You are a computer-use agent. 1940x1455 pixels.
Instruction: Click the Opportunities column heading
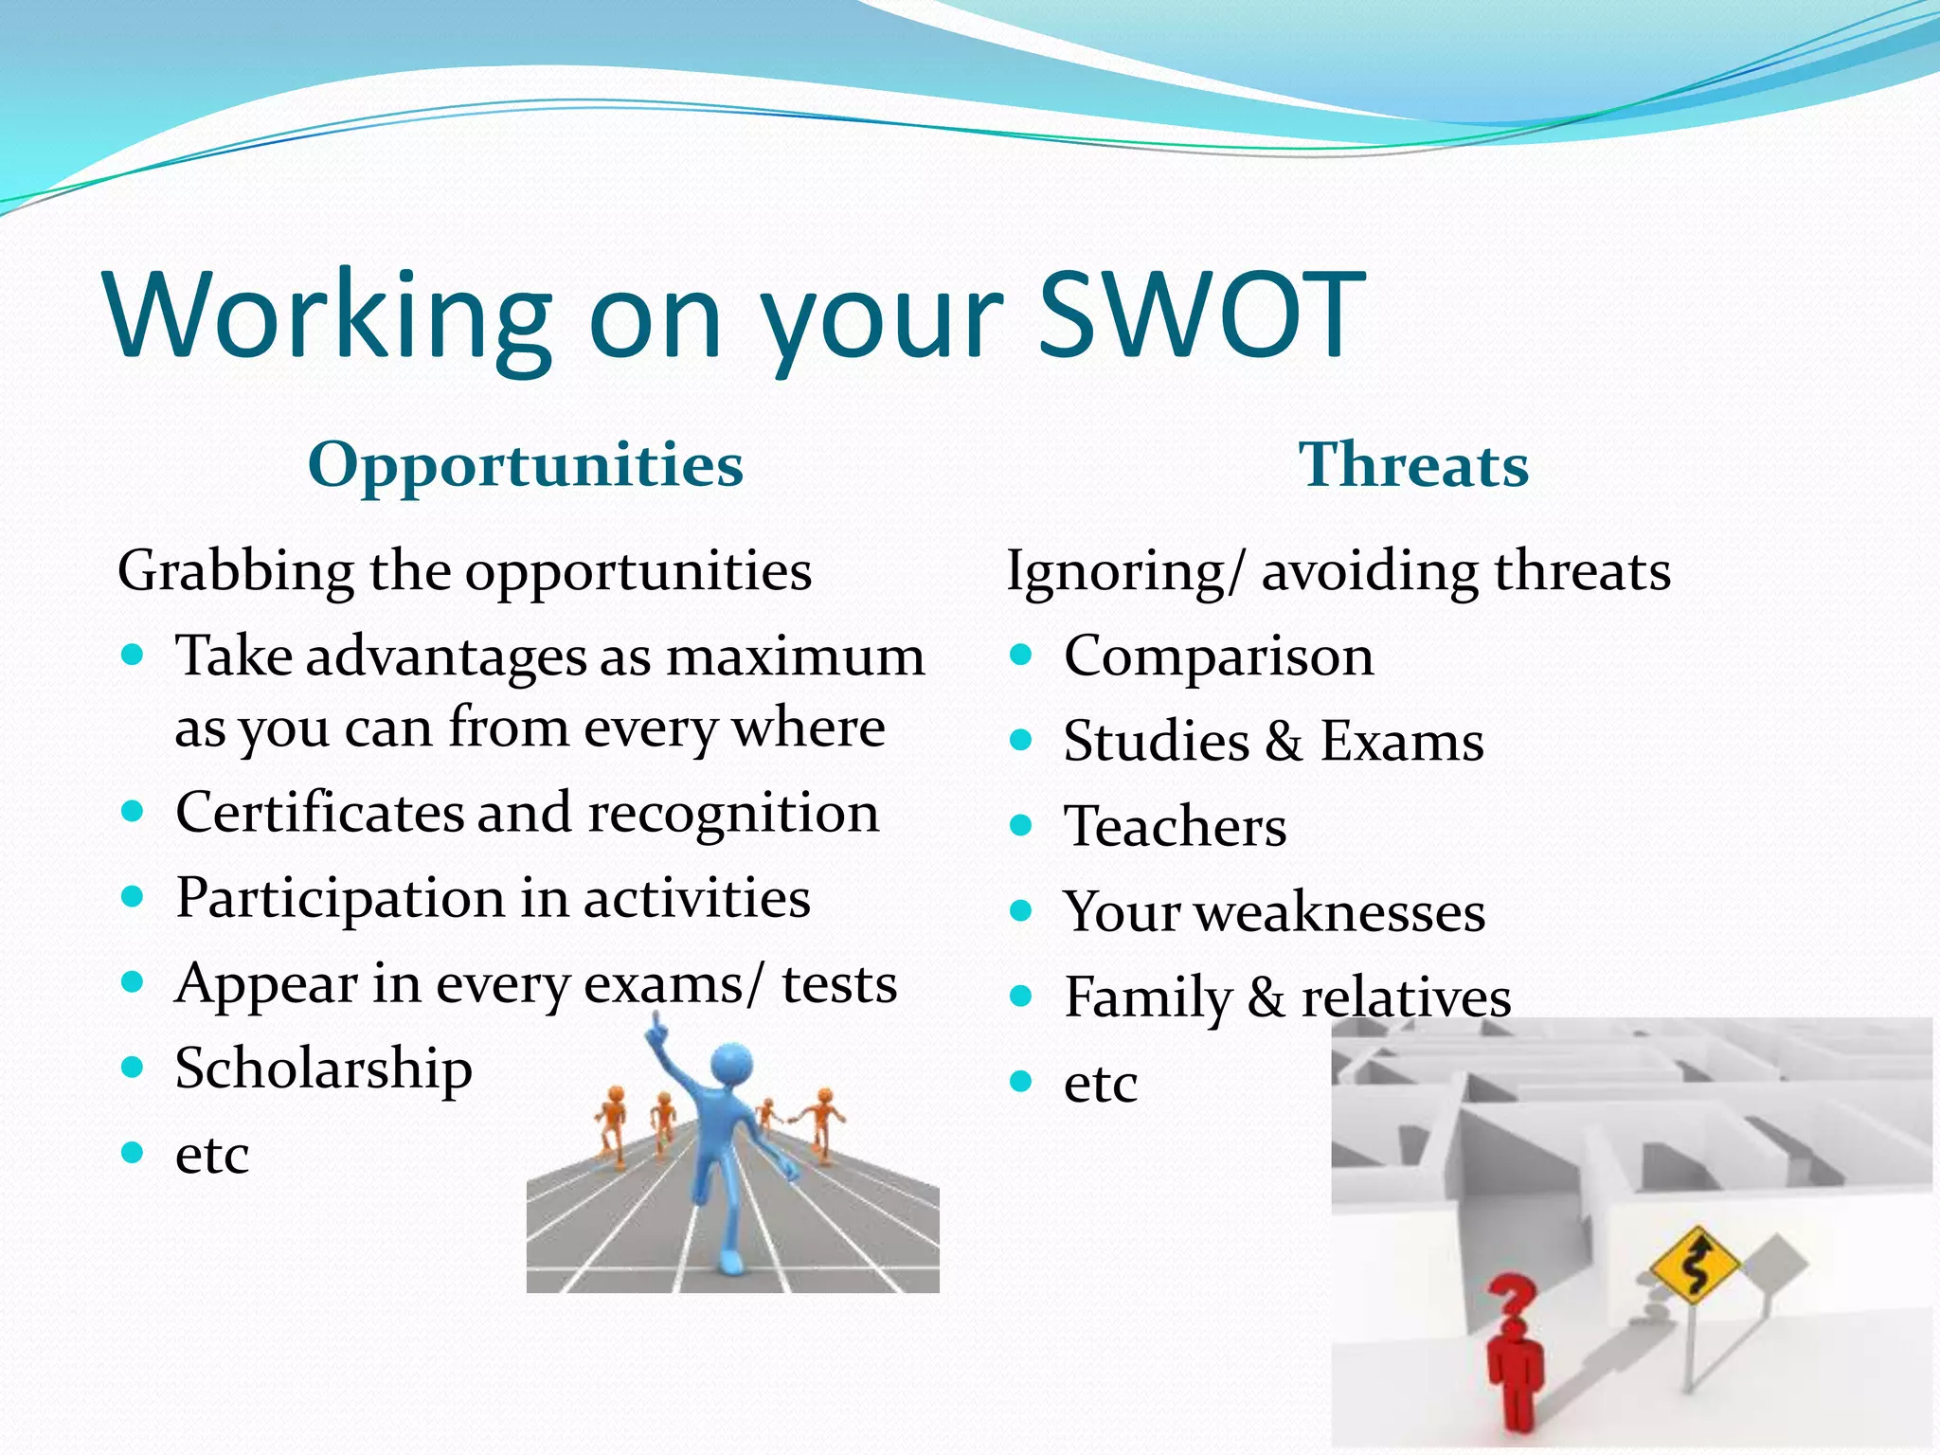pyautogui.click(x=526, y=465)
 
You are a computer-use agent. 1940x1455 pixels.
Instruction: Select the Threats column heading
pyautogui.click(x=1413, y=465)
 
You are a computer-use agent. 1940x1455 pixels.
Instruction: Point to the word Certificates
pyautogui.click(x=319, y=814)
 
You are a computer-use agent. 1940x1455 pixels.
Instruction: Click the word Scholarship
pyautogui.click(x=323, y=1069)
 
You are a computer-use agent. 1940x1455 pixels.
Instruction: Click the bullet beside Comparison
pyautogui.click(x=1020, y=655)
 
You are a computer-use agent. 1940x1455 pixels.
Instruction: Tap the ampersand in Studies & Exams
pyautogui.click(x=1283, y=742)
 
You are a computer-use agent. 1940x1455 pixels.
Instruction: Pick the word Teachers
pyautogui.click(x=1175, y=827)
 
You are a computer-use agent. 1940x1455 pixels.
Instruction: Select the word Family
pyautogui.click(x=1147, y=998)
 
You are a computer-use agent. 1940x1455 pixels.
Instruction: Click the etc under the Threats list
pyautogui.click(x=1100, y=1083)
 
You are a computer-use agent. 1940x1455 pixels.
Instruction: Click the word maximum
pyautogui.click(x=795, y=656)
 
